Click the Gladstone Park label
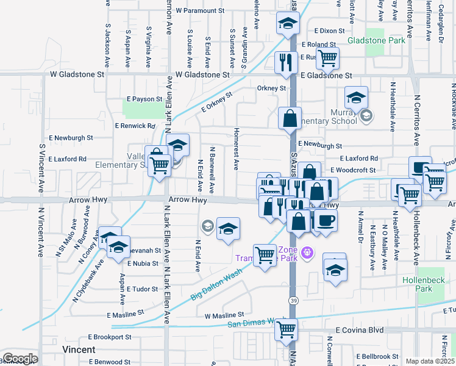pyautogui.click(x=376, y=41)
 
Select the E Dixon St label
pyautogui.click(x=330, y=30)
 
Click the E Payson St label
pyautogui.click(x=144, y=98)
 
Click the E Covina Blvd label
pyautogui.click(x=360, y=329)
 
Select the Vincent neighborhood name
pyautogui.click(x=79, y=350)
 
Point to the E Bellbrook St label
pyautogui.click(x=380, y=356)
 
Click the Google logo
pyautogui.click(x=20, y=358)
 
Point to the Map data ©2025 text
pyautogui.click(x=429, y=361)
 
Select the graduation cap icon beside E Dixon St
pyautogui.click(x=288, y=24)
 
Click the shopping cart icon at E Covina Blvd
pyautogui.click(x=286, y=329)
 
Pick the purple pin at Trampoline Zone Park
pyautogui.click(x=307, y=251)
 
